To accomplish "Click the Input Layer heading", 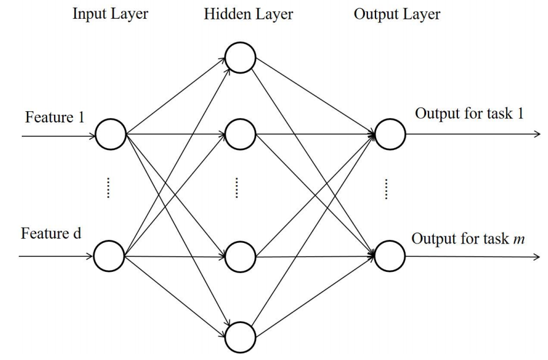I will click(111, 14).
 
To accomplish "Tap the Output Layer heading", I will click(397, 14).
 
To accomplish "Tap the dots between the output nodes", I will click(387, 190).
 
